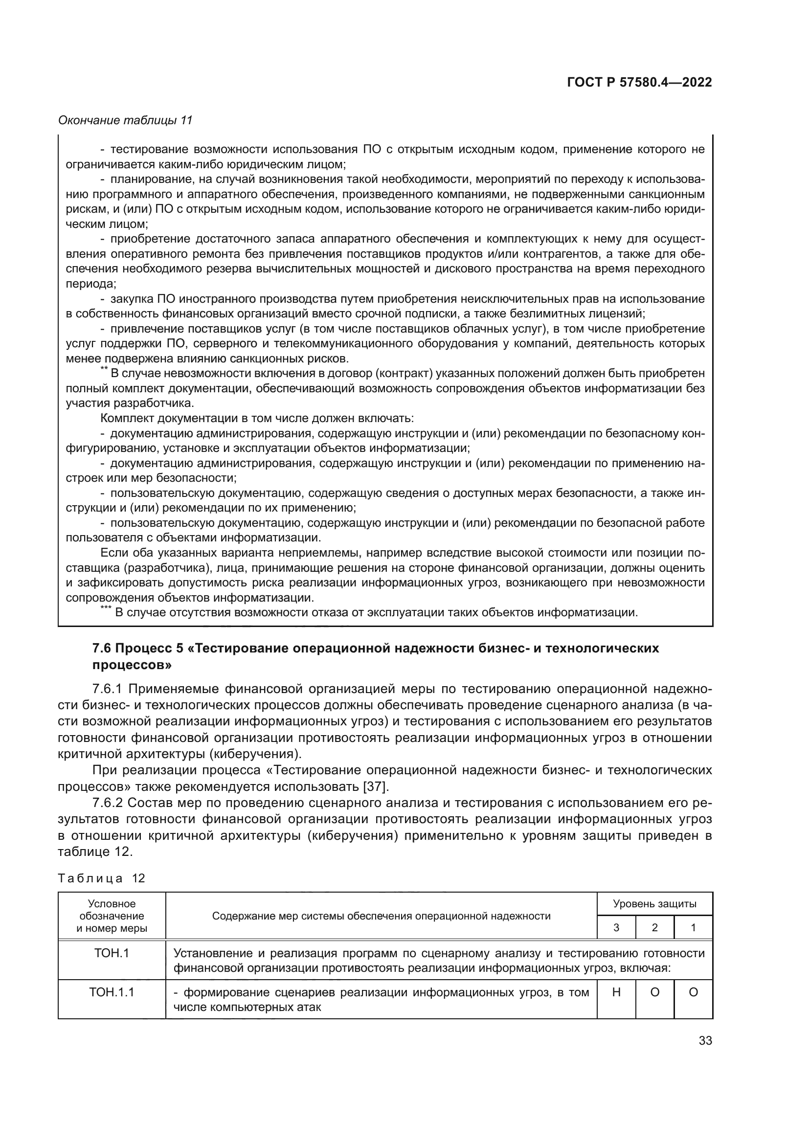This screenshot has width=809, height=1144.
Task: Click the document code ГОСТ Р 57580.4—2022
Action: point(639,83)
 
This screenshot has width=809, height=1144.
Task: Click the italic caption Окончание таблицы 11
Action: point(125,120)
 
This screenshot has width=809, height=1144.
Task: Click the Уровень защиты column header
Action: point(654,904)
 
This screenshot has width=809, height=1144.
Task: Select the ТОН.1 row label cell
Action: point(112,953)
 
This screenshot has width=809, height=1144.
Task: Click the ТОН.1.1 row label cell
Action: point(112,992)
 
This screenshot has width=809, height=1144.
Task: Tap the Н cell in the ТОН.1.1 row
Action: point(616,992)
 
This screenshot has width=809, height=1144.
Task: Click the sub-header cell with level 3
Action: point(616,928)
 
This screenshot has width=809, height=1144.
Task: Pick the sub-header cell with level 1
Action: point(693,928)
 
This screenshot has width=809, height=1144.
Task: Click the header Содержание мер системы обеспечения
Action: point(381,916)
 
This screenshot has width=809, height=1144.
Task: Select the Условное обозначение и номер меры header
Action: point(112,916)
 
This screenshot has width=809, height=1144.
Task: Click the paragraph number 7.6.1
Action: point(107,689)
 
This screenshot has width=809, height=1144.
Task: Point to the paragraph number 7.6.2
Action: point(107,803)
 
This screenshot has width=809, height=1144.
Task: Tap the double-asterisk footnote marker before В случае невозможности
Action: point(104,369)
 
